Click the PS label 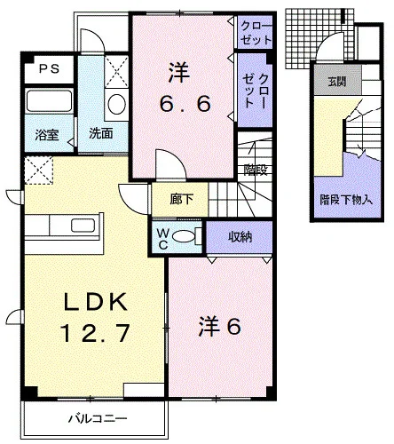[49, 69]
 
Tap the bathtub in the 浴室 [49, 100]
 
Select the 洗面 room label [101, 134]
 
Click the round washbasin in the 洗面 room [116, 104]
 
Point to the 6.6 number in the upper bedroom [185, 104]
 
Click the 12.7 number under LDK [95, 333]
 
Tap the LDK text [96, 302]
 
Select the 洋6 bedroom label [219, 327]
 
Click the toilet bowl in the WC [184, 236]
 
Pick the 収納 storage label [240, 237]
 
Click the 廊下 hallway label [181, 200]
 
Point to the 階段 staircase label [256, 170]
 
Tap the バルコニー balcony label [98, 418]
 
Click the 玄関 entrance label [337, 82]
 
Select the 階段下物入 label [346, 201]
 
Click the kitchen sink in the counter [83, 226]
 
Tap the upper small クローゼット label [256, 33]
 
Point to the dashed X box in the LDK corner [38, 170]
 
